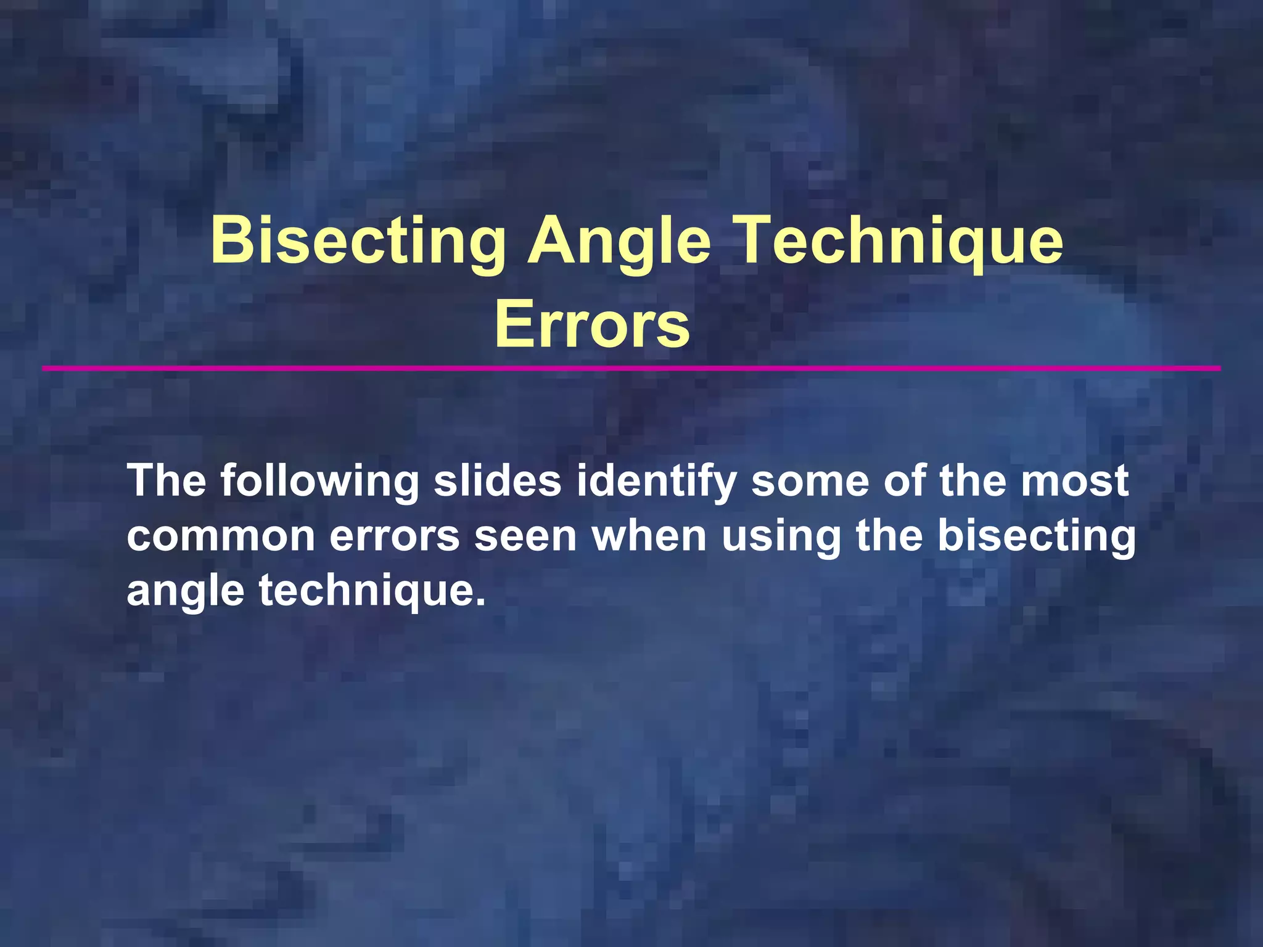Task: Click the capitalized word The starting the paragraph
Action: [167, 480]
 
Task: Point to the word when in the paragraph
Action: [649, 535]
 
